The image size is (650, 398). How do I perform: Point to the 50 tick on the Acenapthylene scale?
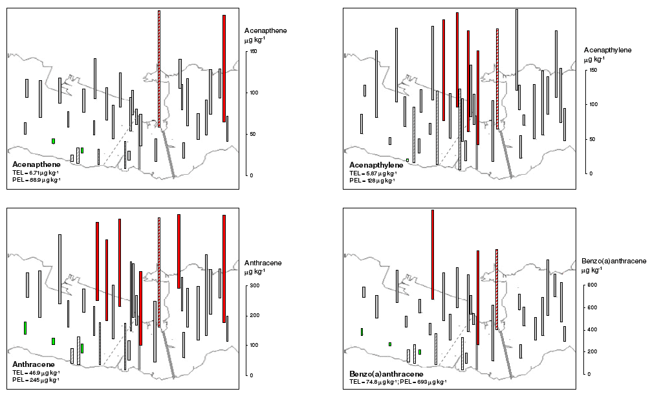point(586,139)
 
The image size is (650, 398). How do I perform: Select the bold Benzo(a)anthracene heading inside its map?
point(386,375)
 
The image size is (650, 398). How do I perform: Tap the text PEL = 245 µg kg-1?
point(36,380)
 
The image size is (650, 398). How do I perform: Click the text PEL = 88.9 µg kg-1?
point(36,180)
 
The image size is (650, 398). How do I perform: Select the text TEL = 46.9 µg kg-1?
point(36,373)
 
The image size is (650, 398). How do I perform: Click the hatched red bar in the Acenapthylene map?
point(497,78)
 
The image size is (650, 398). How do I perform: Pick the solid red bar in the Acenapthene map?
point(224,68)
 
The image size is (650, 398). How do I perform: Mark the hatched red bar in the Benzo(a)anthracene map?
point(497,288)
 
